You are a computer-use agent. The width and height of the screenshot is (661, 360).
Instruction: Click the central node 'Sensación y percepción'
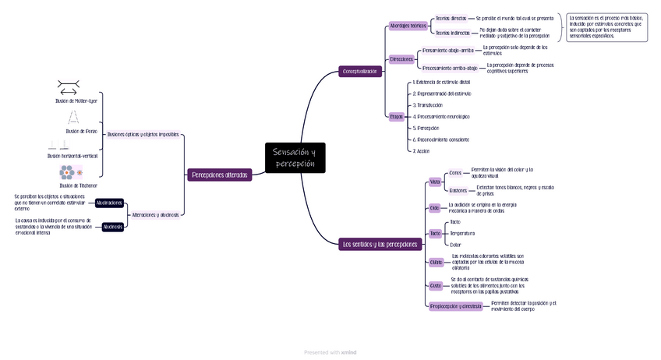point(294,158)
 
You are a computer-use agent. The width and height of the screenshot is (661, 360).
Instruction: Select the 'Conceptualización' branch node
point(360,72)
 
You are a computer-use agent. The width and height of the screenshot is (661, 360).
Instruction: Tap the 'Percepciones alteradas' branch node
point(220,175)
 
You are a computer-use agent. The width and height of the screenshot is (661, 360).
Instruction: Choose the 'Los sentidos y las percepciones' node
point(380,244)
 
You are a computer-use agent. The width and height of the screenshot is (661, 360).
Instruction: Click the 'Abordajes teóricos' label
point(408,26)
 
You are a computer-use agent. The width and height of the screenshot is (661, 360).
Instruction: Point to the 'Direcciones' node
point(401,59)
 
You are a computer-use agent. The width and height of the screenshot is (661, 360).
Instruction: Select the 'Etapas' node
point(396,116)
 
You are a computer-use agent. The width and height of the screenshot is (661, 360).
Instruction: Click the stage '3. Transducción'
point(427,105)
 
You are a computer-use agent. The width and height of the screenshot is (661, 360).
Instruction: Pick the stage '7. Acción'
point(421,151)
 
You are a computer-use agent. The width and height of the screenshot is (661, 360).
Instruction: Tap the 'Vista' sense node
point(435,182)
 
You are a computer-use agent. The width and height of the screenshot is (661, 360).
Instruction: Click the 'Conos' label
point(455,173)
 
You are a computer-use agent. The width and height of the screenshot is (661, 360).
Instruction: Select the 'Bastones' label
point(458,190)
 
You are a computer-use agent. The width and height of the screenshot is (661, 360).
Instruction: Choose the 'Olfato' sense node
point(436,263)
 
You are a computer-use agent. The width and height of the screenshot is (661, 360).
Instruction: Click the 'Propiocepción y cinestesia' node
point(456,306)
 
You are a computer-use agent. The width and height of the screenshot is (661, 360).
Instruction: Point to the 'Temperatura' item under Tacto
point(462,233)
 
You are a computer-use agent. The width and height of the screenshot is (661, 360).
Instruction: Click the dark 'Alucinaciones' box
point(109,203)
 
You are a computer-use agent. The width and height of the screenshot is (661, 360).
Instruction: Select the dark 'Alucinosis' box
point(113,227)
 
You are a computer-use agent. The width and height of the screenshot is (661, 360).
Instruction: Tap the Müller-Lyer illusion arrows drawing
point(69,87)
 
